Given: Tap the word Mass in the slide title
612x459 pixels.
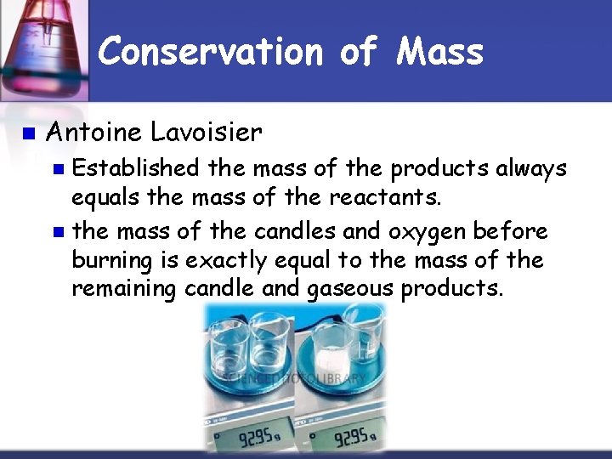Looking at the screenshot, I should pos(439,52).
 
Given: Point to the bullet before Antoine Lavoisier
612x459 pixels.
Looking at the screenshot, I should pos(27,133).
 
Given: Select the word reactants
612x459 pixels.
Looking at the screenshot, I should pos(395,200).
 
